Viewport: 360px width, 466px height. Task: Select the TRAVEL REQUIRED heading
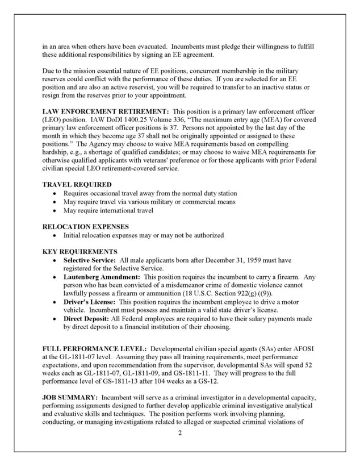tap(77, 185)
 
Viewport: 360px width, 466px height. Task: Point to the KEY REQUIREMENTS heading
tap(80, 251)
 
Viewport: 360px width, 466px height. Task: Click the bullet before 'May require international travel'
tap(54, 210)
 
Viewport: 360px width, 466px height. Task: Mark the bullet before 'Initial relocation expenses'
tap(54, 235)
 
